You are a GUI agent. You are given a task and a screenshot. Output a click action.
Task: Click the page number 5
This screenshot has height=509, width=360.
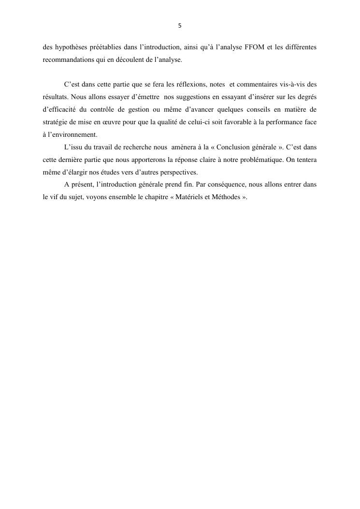180,26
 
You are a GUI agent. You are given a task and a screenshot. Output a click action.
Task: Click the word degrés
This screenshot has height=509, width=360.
305,98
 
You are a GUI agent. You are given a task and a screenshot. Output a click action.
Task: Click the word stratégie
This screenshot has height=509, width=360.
56,122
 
